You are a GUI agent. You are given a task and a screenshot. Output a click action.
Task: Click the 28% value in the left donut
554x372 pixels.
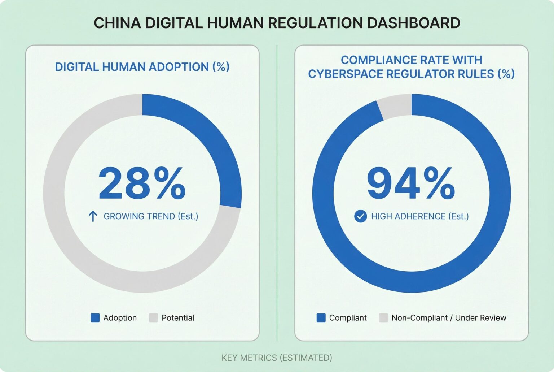point(142,183)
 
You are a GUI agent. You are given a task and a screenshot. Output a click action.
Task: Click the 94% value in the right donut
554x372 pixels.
point(411,183)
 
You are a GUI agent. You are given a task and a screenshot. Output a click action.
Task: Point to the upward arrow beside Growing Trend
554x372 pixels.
point(93,216)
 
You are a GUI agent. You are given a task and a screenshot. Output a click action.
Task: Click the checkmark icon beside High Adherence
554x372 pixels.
point(360,216)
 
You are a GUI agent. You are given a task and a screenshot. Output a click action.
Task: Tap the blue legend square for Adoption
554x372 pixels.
point(95,318)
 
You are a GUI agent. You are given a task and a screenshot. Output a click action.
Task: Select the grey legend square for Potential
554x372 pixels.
point(154,318)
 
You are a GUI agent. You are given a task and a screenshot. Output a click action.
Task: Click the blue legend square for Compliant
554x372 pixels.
point(321,318)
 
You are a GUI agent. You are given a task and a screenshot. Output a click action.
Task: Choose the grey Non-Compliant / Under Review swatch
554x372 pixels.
point(383,318)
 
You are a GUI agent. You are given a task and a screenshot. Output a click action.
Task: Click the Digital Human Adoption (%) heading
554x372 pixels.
point(142,67)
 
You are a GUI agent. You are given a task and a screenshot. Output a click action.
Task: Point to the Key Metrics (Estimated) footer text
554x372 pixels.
point(277,358)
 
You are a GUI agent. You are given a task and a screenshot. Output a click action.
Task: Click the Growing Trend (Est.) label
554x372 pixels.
point(151,216)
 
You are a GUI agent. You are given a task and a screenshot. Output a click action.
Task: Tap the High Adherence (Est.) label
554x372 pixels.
point(420,216)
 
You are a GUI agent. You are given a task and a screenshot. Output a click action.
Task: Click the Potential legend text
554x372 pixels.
point(178,318)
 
